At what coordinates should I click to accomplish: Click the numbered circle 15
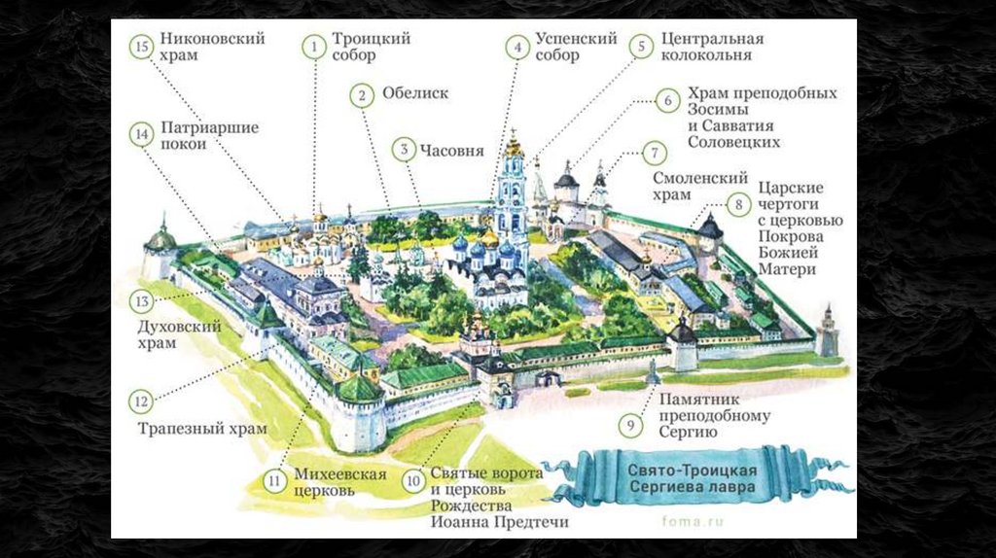(x=142, y=46)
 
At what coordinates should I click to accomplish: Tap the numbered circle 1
(x=313, y=46)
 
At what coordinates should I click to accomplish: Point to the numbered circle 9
(x=630, y=424)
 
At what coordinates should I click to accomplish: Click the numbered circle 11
(x=276, y=480)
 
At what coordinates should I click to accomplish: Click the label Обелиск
(x=414, y=94)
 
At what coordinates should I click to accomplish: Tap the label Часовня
(x=451, y=151)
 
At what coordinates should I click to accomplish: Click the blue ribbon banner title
(x=686, y=476)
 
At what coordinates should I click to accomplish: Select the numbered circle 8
(x=738, y=204)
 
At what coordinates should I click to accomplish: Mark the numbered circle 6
(x=666, y=100)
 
